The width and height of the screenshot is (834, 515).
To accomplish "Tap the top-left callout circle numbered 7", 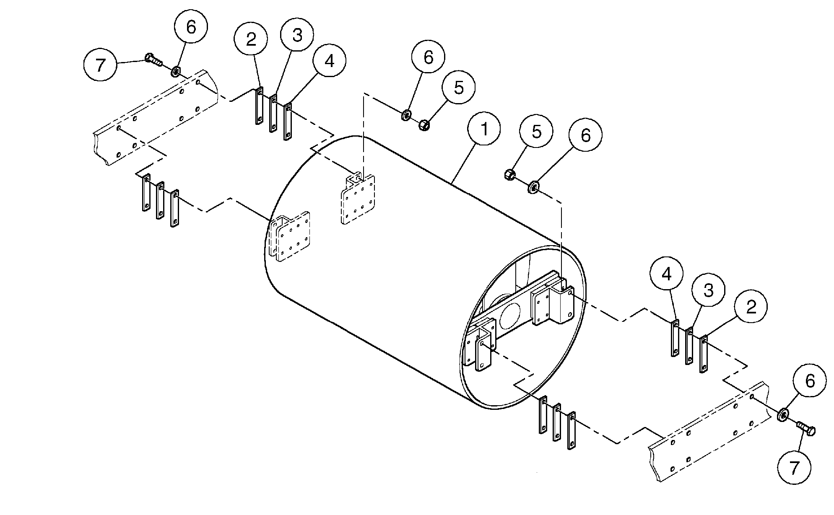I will [100, 65].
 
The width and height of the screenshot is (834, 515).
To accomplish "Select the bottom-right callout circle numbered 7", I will [794, 468].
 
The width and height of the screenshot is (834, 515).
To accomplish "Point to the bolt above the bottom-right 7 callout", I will [805, 429].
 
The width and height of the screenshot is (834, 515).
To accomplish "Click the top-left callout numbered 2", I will [251, 39].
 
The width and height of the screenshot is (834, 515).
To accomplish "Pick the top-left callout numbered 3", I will [297, 35].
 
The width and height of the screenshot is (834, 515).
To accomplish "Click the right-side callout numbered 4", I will [667, 274].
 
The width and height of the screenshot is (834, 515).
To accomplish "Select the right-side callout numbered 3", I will [708, 290].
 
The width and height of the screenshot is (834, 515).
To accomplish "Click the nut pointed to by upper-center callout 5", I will [423, 124].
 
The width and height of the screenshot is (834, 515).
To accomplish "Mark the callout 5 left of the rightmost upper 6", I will [536, 131].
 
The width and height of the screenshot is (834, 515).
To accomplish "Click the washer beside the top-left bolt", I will [175, 72].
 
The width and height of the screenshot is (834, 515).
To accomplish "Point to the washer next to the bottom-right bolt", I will [782, 415].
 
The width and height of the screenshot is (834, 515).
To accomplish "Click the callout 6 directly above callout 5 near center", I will [428, 57].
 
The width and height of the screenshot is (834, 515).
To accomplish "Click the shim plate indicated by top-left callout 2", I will [259, 106].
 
